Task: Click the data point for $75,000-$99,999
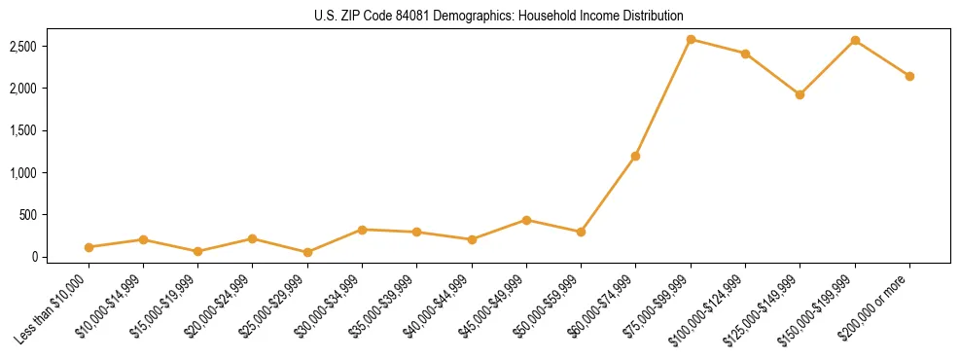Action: pyautogui.click(x=691, y=39)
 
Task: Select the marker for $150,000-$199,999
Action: pyautogui.click(x=855, y=40)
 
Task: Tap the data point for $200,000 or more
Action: pyautogui.click(x=909, y=76)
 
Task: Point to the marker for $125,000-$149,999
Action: pyautogui.click(x=800, y=94)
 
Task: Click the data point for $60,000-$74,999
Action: pyautogui.click(x=636, y=156)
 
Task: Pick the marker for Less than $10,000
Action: pyautogui.click(x=89, y=247)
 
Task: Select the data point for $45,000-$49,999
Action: pyautogui.click(x=526, y=220)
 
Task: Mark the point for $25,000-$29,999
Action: pyautogui.click(x=307, y=252)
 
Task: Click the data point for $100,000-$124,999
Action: pyautogui.click(x=745, y=54)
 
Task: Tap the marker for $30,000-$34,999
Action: pyautogui.click(x=362, y=230)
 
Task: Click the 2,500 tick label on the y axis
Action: pyautogui.click(x=51, y=46)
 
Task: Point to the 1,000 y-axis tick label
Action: pyautogui.click(x=51, y=172)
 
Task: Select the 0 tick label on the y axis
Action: pyautogui.click(x=60, y=257)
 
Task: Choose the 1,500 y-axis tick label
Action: pyautogui.click(x=51, y=130)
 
